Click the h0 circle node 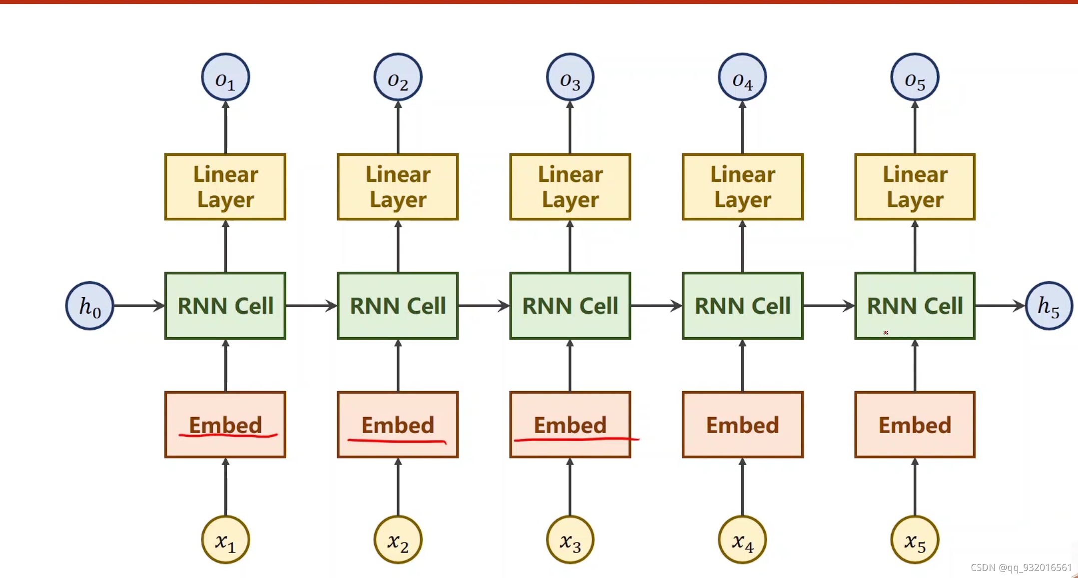(x=90, y=306)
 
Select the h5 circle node (x=1049, y=306)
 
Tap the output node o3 (x=570, y=77)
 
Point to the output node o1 (x=225, y=77)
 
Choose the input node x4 (x=742, y=540)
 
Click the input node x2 (x=398, y=540)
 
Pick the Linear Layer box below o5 (x=915, y=187)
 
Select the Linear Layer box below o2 (x=398, y=187)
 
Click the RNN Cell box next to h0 (x=225, y=306)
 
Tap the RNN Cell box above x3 (x=570, y=306)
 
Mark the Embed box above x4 (x=742, y=425)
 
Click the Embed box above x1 (x=225, y=425)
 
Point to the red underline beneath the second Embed (x=397, y=441)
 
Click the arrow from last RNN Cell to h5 (x=1000, y=306)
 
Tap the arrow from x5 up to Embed (x=915, y=487)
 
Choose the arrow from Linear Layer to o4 (x=742, y=127)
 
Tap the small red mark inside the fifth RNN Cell (x=885, y=332)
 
